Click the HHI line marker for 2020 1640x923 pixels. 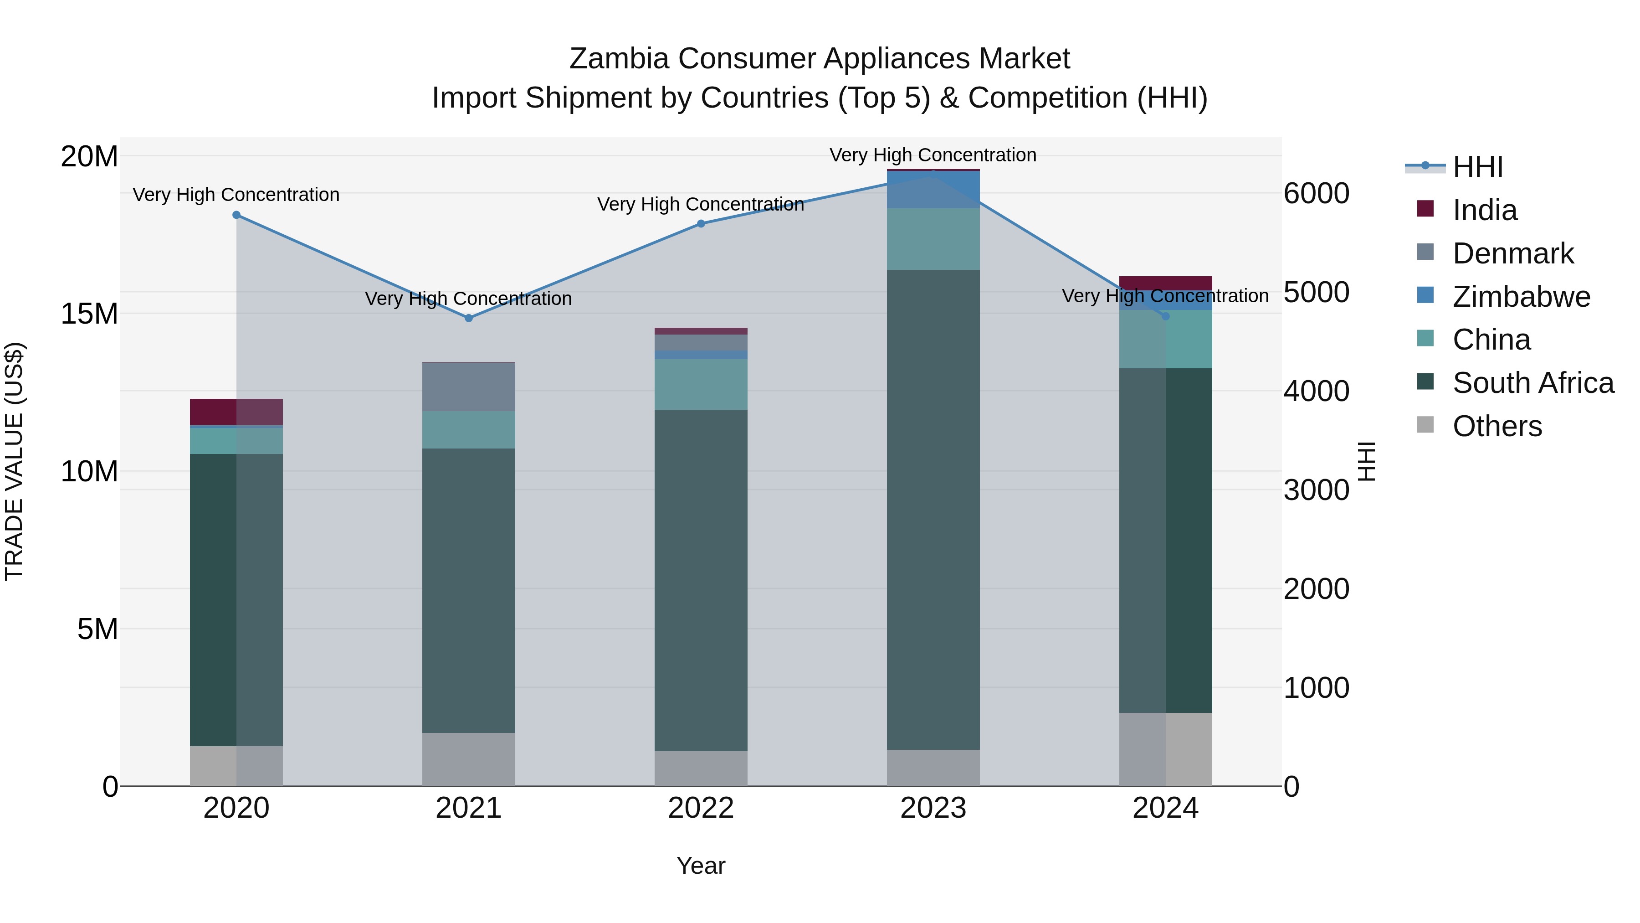[x=236, y=215]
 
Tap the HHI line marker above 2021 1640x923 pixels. [x=469, y=318]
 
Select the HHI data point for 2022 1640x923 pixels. [x=701, y=224]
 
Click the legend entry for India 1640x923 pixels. [x=1484, y=210]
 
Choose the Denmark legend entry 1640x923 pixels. [x=1512, y=253]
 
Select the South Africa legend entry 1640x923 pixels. [x=1532, y=383]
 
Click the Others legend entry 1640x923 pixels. [x=1497, y=426]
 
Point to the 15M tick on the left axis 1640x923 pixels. [x=89, y=314]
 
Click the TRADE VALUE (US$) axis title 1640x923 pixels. [x=14, y=461]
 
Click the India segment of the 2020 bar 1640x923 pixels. [x=236, y=412]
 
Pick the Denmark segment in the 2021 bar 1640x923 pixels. [x=469, y=387]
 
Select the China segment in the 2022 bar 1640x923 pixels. [x=701, y=384]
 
